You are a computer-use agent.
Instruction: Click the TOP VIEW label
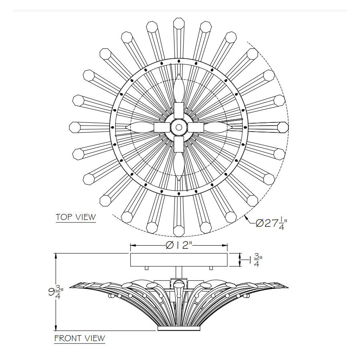click(76, 217)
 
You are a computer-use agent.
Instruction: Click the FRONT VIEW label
click(80, 338)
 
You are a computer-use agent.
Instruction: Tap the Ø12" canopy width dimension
click(179, 246)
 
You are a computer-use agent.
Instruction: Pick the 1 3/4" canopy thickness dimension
click(256, 260)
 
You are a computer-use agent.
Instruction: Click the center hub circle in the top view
click(179, 127)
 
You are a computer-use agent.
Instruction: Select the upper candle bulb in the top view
click(179, 88)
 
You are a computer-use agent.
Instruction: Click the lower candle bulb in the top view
click(179, 166)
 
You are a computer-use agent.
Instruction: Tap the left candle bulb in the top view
click(140, 127)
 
